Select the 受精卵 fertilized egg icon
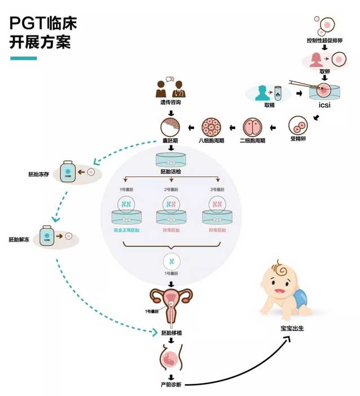[x=298, y=126]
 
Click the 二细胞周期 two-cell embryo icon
[x=253, y=127]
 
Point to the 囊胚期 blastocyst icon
[x=170, y=127]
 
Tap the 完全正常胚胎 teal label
[x=126, y=230]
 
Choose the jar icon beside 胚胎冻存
[x=69, y=173]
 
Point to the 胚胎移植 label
[x=170, y=333]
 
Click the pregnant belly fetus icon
[x=170, y=357]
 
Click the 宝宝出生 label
[x=290, y=328]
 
